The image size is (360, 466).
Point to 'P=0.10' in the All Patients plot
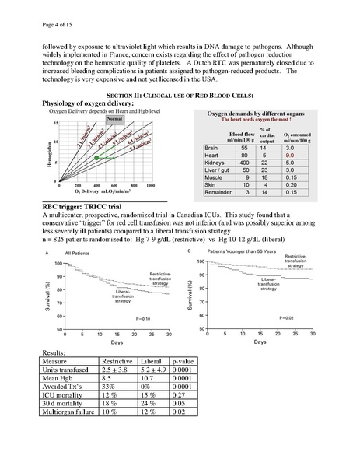click(144, 318)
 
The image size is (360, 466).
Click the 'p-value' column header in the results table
click(181, 361)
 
